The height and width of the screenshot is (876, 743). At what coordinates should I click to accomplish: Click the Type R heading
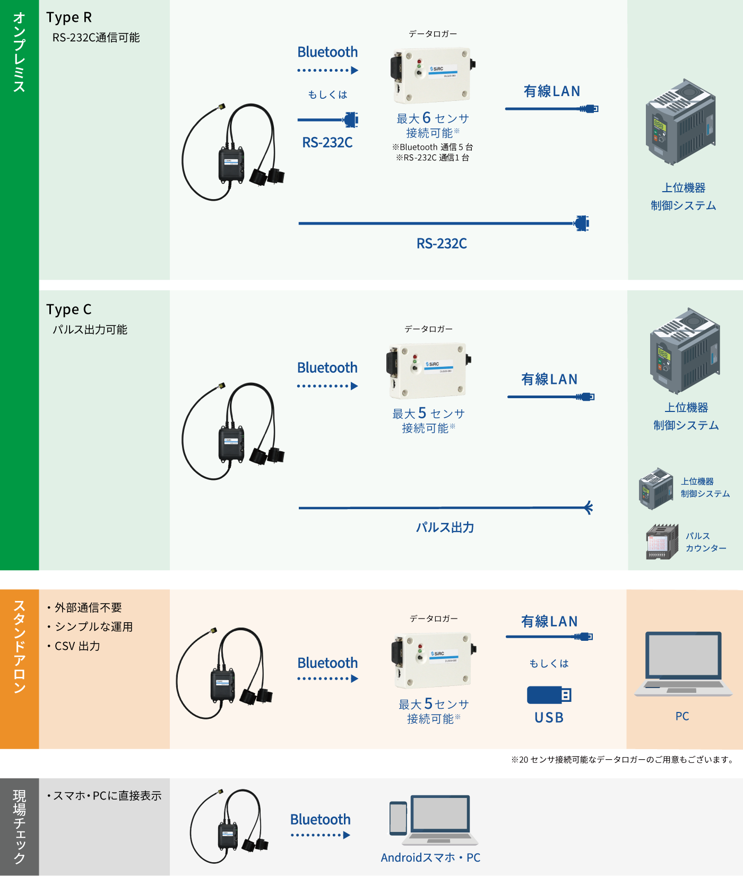[x=69, y=18]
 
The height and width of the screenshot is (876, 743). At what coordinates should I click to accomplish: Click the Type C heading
[x=69, y=310]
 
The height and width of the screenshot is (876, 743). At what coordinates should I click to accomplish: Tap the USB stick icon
[x=549, y=695]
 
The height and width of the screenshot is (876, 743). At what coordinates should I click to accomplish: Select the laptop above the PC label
[x=683, y=663]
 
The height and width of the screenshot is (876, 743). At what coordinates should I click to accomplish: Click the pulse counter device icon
[x=662, y=542]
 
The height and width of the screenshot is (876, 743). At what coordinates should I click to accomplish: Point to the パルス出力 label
[x=445, y=527]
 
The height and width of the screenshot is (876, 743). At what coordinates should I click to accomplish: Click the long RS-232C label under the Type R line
[x=442, y=244]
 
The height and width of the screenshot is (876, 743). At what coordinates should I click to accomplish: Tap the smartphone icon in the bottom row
[x=398, y=818]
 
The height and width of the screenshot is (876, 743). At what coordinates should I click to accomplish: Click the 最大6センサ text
[x=433, y=118]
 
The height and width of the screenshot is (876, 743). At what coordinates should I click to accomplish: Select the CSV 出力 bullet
[x=77, y=646]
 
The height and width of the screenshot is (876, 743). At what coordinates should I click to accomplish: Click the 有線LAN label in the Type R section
[x=551, y=91]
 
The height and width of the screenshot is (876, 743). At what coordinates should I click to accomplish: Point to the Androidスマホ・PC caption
[x=430, y=857]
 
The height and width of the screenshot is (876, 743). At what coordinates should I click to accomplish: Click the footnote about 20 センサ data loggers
[x=622, y=760]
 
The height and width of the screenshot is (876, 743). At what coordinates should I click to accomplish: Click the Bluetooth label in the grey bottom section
[x=320, y=820]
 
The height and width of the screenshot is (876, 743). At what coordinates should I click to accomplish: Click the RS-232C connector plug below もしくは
[x=350, y=119]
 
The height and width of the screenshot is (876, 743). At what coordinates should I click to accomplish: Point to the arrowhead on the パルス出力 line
[x=588, y=508]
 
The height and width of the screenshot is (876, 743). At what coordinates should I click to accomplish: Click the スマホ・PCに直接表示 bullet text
[x=107, y=796]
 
